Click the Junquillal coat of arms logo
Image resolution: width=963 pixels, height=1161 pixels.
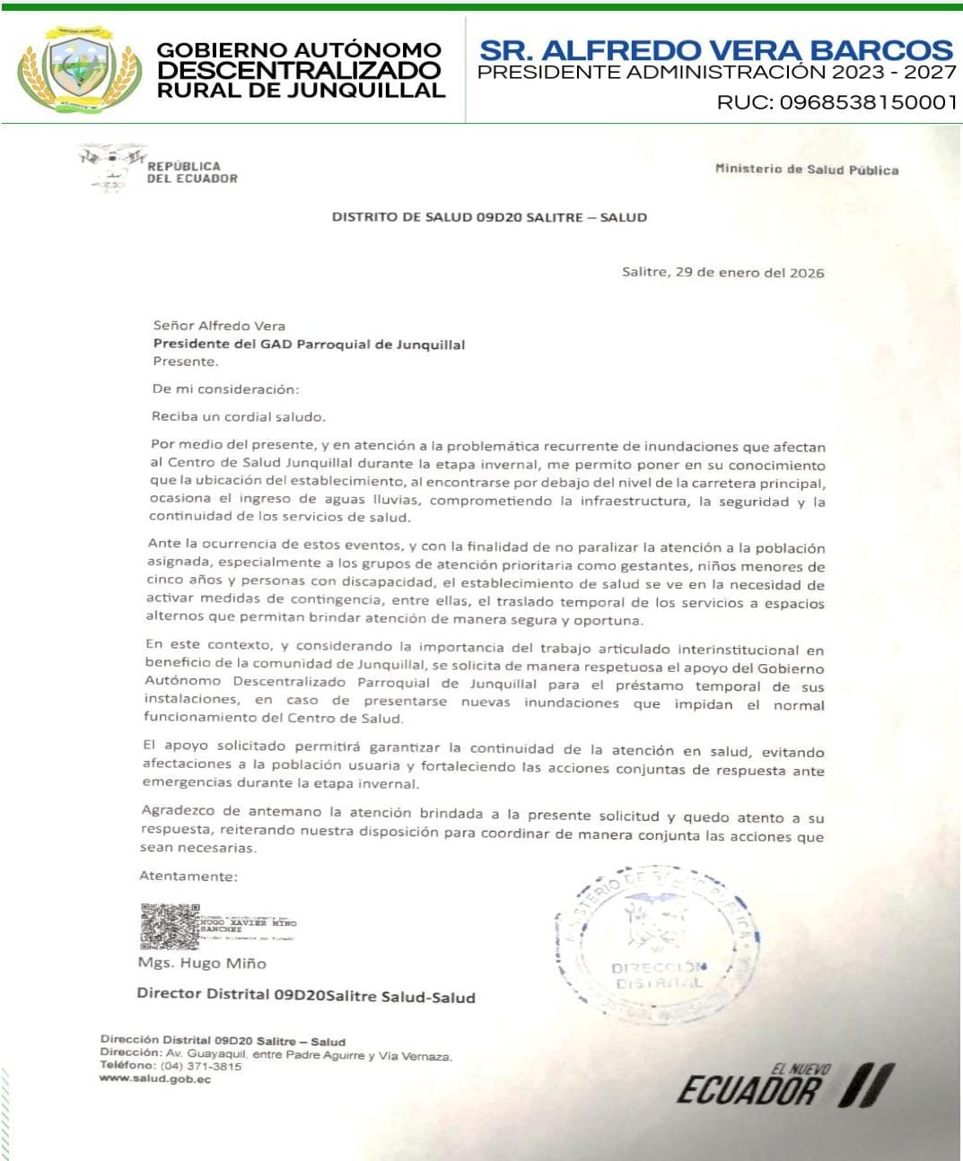(80, 68)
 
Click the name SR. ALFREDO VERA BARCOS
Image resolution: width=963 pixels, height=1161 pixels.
(715, 49)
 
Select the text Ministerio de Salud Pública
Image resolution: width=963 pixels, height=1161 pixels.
(806, 169)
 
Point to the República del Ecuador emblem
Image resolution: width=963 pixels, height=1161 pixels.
(111, 166)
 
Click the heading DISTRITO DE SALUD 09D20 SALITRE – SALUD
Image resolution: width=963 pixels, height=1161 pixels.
(489, 217)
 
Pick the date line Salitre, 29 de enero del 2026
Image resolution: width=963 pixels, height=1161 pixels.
(722, 273)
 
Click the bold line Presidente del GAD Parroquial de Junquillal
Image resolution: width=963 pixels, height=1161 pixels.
(309, 344)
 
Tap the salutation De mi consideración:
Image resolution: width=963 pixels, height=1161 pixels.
(225, 389)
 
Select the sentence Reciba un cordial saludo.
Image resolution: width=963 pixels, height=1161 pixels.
(239, 416)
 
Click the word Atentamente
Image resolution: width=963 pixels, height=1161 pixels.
(188, 876)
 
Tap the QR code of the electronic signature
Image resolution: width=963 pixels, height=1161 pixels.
(170, 926)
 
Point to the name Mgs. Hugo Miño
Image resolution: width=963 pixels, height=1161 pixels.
(202, 963)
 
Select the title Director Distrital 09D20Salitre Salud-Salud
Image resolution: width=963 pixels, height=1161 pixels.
(306, 995)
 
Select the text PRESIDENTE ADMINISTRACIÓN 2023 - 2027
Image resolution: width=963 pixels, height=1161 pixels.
(716, 74)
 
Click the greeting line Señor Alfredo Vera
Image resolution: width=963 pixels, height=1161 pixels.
(219, 326)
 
